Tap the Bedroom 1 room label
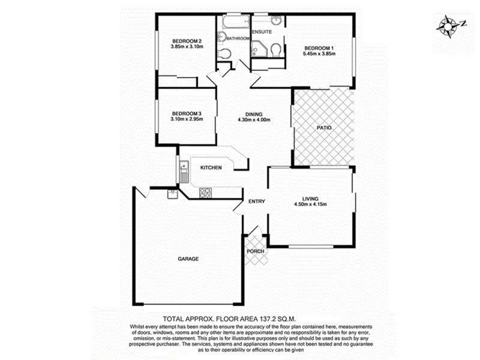click(x=319, y=48)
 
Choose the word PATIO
click(x=324, y=128)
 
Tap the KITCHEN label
click(x=211, y=167)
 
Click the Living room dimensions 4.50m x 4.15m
click(x=310, y=205)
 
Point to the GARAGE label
click(x=188, y=259)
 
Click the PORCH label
click(x=255, y=251)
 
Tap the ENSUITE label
click(x=262, y=31)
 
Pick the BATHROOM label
click(x=238, y=38)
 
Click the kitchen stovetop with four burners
click(x=205, y=192)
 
